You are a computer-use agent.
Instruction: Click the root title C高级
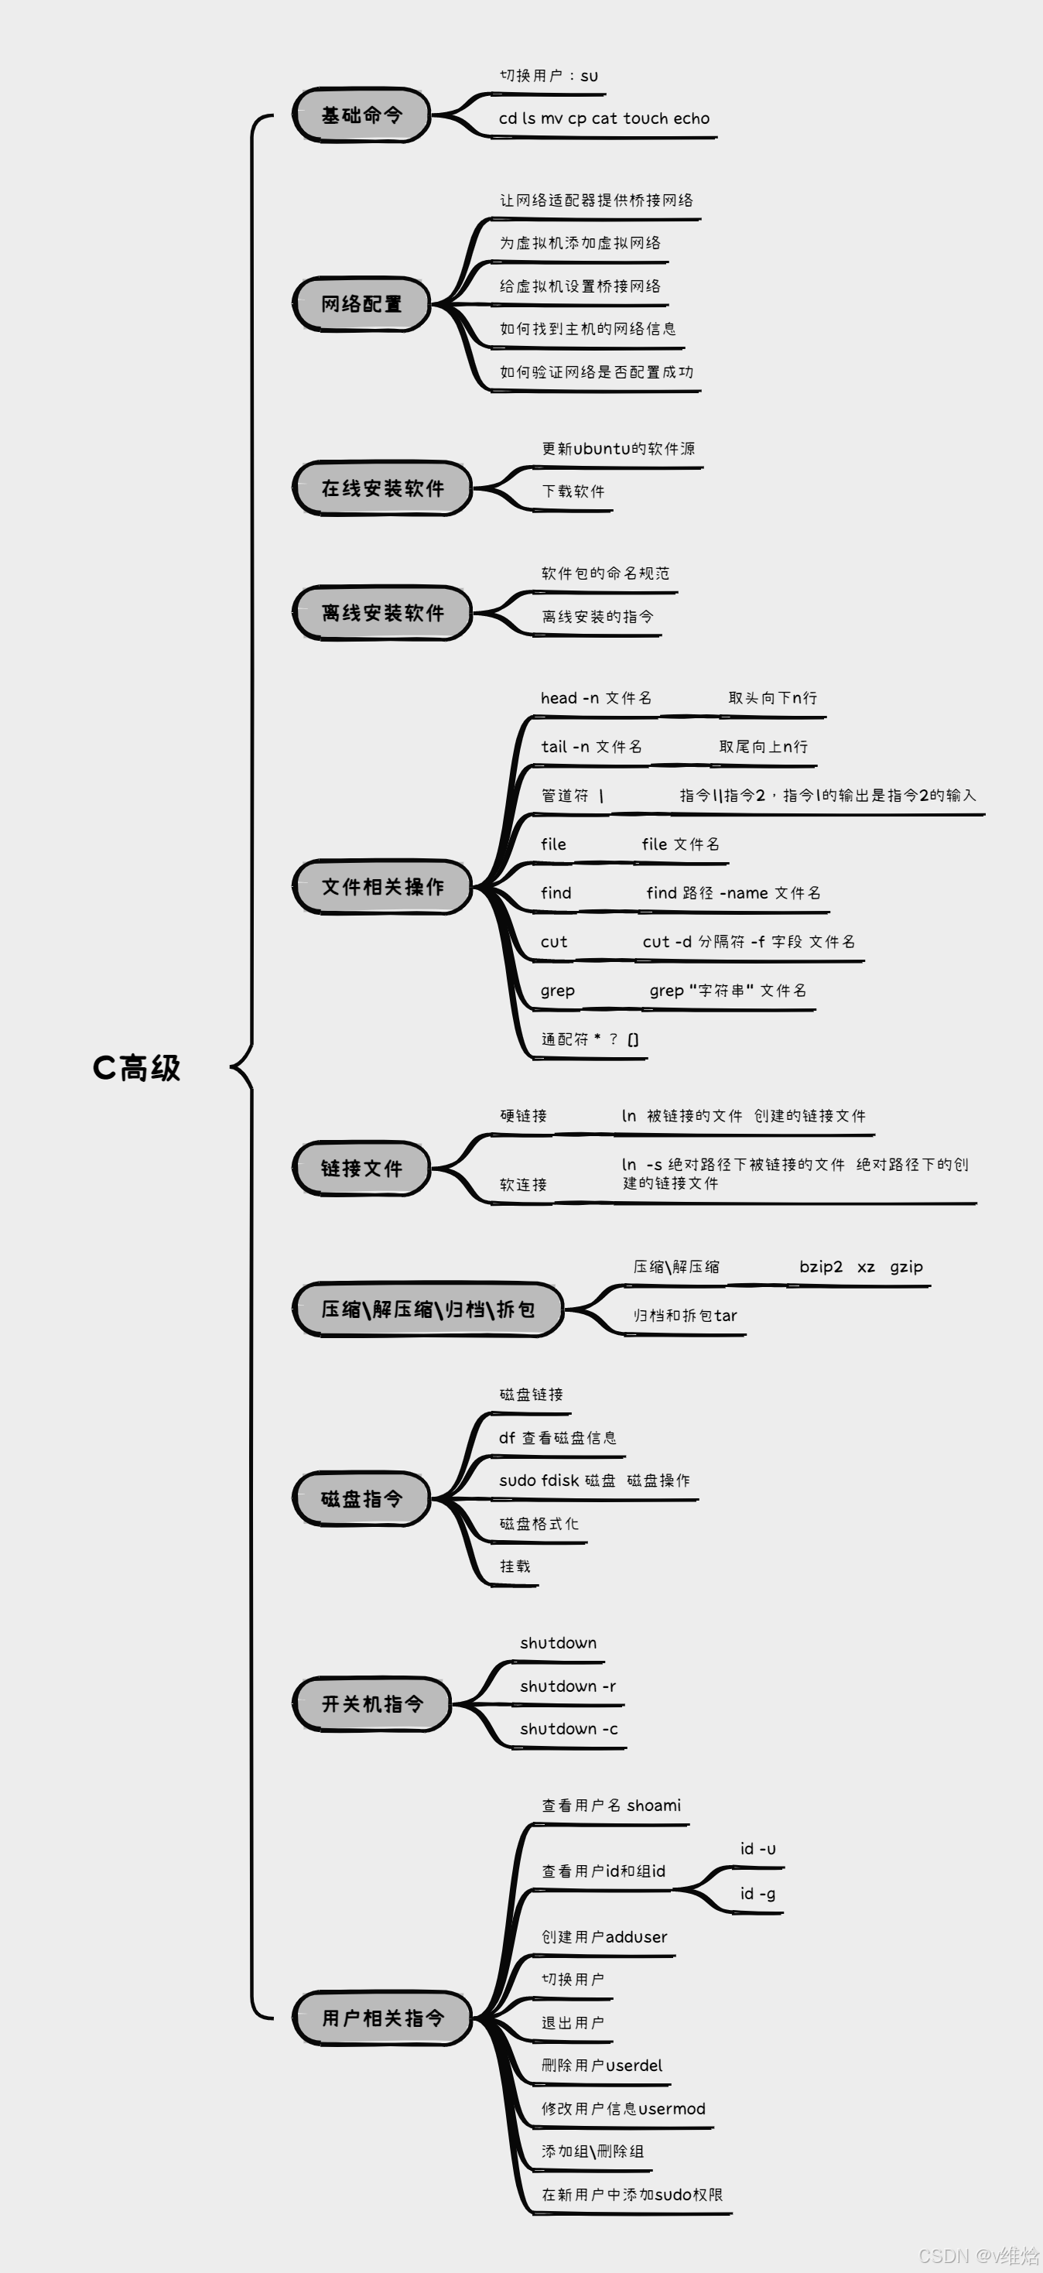[136, 1068]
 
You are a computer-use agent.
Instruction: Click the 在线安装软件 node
[382, 488]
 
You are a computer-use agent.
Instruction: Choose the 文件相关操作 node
[382, 887]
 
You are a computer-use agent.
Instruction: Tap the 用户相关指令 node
[382, 2018]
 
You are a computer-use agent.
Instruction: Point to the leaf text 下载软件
[573, 491]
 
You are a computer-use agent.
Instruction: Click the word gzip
[906, 1267]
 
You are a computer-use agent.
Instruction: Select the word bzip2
[821, 1267]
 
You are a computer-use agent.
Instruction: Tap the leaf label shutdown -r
[567, 1686]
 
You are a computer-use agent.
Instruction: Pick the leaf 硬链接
[523, 1116]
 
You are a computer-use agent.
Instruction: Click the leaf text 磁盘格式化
[539, 1524]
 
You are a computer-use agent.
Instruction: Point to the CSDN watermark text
[979, 2255]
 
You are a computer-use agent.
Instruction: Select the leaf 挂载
[515, 1566]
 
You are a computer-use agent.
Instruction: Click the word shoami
[654, 1806]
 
